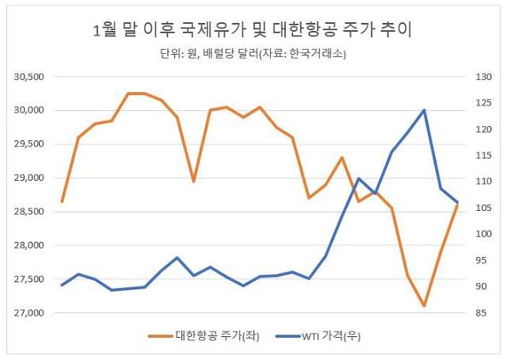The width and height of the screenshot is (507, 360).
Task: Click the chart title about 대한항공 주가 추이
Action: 253,31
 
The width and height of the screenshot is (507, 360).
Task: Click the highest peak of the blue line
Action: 425,110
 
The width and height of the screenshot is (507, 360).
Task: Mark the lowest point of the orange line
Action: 425,306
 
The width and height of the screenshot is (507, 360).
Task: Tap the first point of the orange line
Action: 62,201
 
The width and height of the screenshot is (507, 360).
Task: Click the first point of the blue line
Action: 62,285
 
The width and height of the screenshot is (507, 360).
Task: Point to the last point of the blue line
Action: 457,202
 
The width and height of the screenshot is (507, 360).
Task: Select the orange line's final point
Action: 457,205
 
